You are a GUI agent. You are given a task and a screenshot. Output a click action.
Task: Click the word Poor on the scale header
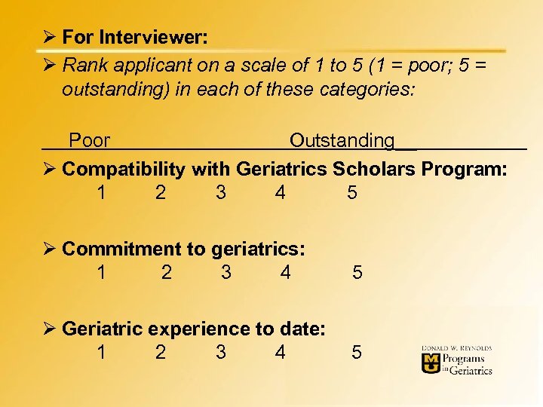[89, 141]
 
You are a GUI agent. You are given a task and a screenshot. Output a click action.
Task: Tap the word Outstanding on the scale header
[342, 141]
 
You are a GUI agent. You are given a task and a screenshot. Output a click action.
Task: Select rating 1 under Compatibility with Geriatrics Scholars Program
[101, 193]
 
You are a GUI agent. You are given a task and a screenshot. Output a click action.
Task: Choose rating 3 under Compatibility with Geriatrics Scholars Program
[220, 193]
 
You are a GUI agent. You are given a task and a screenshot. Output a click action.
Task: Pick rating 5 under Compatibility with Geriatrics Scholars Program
[352, 193]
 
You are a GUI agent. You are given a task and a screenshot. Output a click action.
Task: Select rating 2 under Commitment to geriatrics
[167, 273]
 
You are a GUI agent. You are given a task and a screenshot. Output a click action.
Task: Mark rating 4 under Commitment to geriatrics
[285, 273]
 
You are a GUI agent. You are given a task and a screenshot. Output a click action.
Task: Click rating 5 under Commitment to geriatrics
[357, 273]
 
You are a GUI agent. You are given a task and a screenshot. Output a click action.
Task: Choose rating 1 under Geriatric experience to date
[101, 352]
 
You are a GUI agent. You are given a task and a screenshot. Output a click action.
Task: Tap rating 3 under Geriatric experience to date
[220, 352]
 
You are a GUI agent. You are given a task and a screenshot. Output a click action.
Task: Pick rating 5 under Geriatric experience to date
[357, 352]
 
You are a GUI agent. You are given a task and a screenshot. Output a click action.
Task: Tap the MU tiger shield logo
[431, 363]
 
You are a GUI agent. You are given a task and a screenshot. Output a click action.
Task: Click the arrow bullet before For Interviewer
[50, 37]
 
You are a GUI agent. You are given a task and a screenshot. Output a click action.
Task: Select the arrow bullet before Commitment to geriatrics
[50, 249]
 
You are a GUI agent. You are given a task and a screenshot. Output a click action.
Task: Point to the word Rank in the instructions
[82, 65]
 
